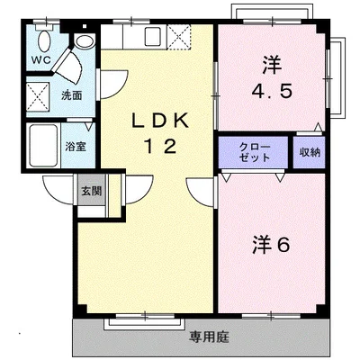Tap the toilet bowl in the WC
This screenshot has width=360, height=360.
tap(45, 40)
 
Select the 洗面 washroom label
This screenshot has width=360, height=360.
tap(72, 95)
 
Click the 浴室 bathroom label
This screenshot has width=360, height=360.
tap(76, 147)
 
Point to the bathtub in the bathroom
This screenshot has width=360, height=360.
tap(43, 146)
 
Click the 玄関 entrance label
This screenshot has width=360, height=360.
tap(92, 191)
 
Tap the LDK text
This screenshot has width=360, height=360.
tap(160, 121)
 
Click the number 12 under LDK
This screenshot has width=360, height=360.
tap(160, 147)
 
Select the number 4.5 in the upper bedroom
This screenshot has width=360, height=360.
tap(272, 91)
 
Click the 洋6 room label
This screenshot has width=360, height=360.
tap(271, 244)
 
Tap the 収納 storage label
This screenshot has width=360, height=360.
tap(310, 152)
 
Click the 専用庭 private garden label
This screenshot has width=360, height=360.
tap(209, 337)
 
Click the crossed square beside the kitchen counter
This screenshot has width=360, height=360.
tap(179, 37)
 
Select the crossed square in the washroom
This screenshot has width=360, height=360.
tap(38, 96)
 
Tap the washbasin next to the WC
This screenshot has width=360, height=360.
tap(84, 41)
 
